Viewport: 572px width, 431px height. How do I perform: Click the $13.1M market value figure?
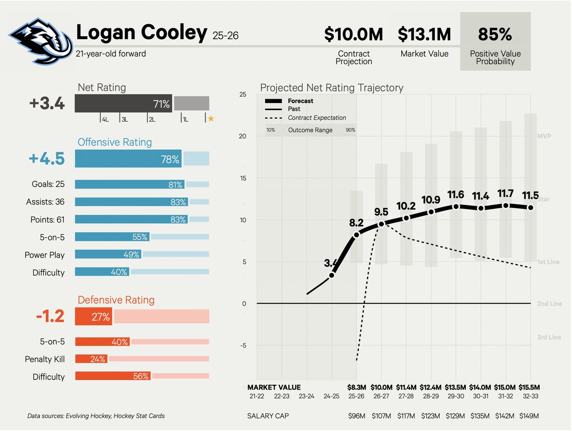click(x=424, y=35)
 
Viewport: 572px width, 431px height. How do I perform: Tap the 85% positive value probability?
click(x=495, y=35)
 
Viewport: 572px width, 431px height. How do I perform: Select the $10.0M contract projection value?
click(x=354, y=35)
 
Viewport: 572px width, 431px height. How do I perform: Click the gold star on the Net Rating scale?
click(x=211, y=119)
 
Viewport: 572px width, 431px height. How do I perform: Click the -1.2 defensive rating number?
click(x=50, y=317)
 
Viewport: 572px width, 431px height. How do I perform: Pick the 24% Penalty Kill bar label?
click(x=98, y=359)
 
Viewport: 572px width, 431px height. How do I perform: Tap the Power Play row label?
click(x=44, y=255)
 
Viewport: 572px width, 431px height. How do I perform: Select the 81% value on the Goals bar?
click(x=175, y=185)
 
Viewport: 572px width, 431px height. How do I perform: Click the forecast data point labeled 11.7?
click(x=506, y=205)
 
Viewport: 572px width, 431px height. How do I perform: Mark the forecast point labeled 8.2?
click(x=356, y=235)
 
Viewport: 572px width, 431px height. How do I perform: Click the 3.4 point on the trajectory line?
click(x=332, y=275)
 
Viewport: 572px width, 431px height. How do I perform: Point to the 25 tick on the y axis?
click(x=243, y=94)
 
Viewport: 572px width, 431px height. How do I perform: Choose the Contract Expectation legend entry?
click(x=317, y=118)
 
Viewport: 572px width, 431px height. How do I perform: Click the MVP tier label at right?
click(x=544, y=136)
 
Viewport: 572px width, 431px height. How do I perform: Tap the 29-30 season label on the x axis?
click(x=456, y=396)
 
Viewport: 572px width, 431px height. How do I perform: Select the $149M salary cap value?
click(x=530, y=416)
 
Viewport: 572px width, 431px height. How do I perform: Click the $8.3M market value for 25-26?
click(x=356, y=387)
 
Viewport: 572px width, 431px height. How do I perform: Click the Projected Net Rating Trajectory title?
click(x=331, y=88)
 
